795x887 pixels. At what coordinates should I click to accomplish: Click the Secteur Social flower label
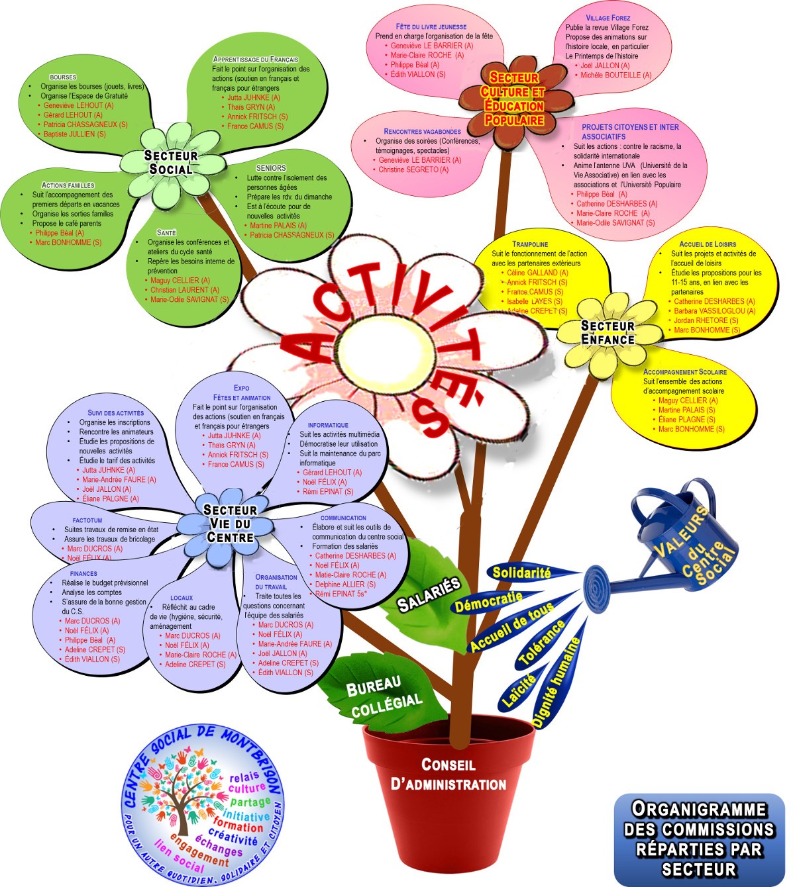tap(171, 162)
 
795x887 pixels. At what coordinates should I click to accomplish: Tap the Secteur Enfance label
tap(608, 332)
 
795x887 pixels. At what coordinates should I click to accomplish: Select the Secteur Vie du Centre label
tap(229, 523)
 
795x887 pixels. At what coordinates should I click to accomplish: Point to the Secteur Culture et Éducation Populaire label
tap(513, 99)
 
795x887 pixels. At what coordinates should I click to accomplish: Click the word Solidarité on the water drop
tap(521, 573)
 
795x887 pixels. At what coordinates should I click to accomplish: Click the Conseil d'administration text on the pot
tap(449, 774)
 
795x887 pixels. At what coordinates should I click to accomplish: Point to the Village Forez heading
tap(608, 18)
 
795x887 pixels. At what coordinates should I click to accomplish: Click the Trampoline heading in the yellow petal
tap(530, 244)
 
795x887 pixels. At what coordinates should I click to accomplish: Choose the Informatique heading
tap(327, 425)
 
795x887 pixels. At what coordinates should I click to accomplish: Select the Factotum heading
tap(87, 520)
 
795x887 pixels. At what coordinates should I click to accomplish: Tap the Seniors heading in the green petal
tap(271, 168)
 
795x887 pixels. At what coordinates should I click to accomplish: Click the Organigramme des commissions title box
tap(699, 839)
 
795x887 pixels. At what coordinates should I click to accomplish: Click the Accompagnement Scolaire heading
tap(684, 372)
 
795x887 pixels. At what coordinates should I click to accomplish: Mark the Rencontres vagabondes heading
tap(422, 132)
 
